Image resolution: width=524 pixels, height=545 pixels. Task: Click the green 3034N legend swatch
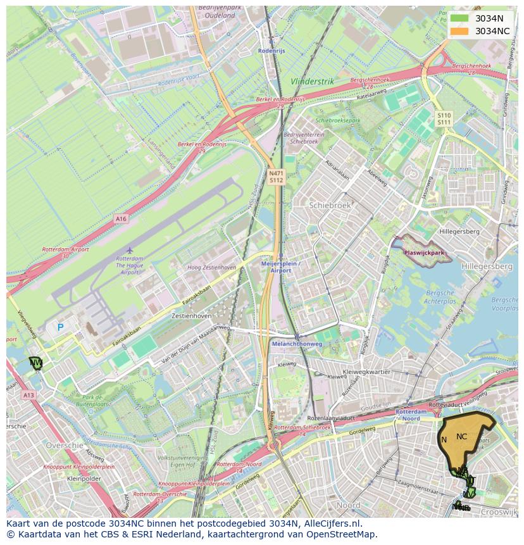point(459,18)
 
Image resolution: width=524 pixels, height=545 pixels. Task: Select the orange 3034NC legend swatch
point(459,31)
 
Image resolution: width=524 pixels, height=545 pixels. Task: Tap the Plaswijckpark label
point(423,252)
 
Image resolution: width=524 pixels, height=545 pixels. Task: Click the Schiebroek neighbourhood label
point(330,205)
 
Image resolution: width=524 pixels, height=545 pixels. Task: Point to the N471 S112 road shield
point(276,177)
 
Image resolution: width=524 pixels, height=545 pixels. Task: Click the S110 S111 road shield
point(444,118)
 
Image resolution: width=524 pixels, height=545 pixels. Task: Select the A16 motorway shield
point(121,218)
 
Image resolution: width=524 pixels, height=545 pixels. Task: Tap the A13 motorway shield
point(28,395)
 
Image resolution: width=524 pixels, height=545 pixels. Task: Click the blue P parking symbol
point(61,327)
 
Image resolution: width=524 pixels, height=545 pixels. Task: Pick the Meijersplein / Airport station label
point(280,266)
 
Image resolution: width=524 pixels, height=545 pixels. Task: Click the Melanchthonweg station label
point(297,344)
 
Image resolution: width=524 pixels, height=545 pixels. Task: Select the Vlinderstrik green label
point(312,82)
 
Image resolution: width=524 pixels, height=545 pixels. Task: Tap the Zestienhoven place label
point(190,315)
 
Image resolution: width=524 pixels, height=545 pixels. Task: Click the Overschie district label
point(65,445)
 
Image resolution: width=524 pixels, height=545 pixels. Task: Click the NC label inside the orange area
point(461,436)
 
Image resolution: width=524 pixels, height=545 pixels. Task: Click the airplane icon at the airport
point(130,250)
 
